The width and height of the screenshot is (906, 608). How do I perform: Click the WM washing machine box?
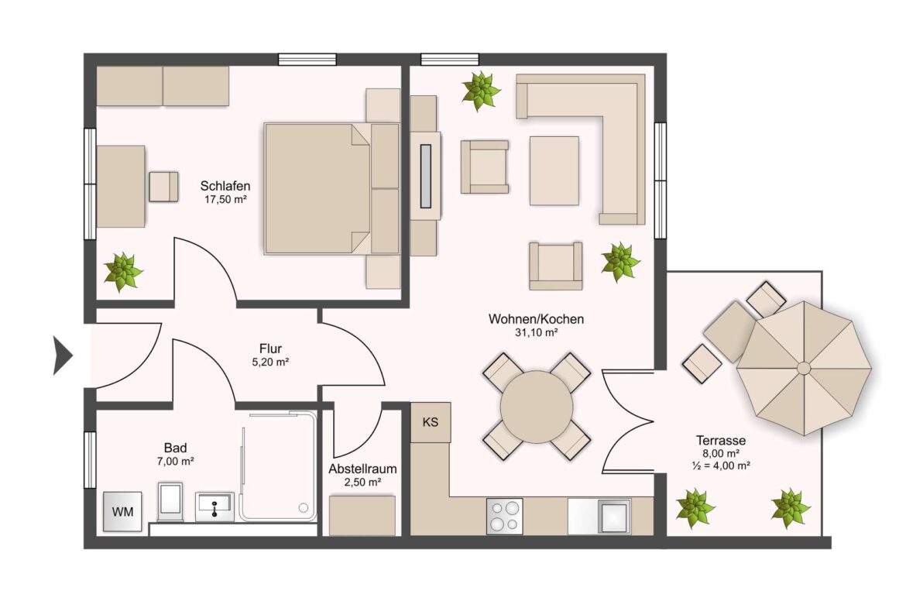(x=122, y=511)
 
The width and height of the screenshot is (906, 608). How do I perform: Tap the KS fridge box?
(x=431, y=422)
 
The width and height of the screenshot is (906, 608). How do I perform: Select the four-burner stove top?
(x=504, y=516)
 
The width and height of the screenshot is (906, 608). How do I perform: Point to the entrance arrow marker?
(x=63, y=356)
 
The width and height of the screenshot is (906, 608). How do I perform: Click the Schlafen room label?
(x=225, y=186)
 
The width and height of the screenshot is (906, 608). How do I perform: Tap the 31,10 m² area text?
(x=536, y=332)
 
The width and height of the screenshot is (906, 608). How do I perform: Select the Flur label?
(x=270, y=349)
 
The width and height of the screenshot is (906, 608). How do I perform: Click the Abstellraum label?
(x=363, y=469)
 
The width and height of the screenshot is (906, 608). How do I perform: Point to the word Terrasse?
(x=721, y=441)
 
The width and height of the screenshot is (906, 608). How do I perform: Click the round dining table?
(x=537, y=407)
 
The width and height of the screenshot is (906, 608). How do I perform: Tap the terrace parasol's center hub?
(x=804, y=368)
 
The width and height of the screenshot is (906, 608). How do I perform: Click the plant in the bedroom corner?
(x=123, y=271)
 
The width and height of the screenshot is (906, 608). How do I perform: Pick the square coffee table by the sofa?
(x=554, y=170)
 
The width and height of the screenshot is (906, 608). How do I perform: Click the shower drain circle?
(x=304, y=508)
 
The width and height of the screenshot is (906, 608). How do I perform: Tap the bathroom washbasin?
(x=215, y=507)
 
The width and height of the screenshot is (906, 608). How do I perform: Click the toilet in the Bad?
(x=170, y=502)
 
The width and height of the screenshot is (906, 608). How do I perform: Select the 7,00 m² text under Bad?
(x=175, y=461)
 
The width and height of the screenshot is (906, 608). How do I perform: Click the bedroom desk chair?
(x=163, y=187)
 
